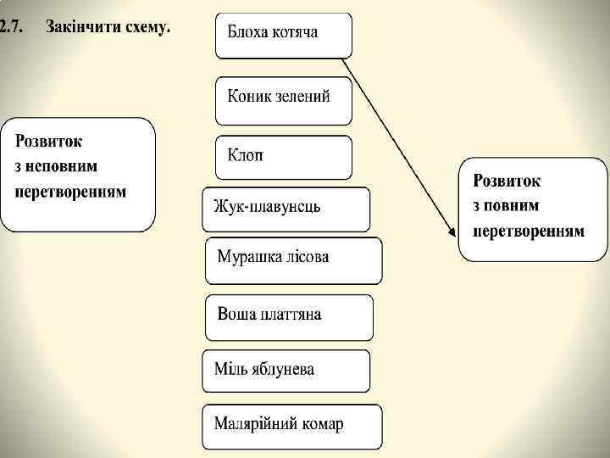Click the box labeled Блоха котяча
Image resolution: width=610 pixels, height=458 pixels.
tap(283, 35)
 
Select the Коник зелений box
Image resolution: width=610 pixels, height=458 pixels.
tap(283, 98)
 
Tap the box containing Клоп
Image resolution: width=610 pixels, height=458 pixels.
tap(283, 157)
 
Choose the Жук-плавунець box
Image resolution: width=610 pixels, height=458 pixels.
tap(286, 209)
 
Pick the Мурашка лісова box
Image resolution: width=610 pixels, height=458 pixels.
tap(293, 260)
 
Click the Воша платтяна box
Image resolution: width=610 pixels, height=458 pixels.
tap(288, 316)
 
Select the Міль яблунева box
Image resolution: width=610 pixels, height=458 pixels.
tap(286, 371)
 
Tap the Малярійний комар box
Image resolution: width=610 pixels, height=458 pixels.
tap(291, 426)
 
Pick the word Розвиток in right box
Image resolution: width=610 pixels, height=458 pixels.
tap(507, 181)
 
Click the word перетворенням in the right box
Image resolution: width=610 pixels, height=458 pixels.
tap(528, 231)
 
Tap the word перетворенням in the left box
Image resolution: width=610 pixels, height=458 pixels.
tap(70, 192)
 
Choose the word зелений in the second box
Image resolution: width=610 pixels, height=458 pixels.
tap(300, 95)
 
